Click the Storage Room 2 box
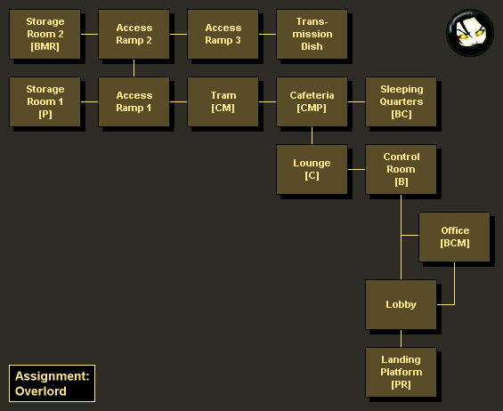[x=45, y=34]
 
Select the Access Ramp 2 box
[x=134, y=34]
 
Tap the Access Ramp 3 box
[x=223, y=34]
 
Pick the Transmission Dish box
[x=312, y=34]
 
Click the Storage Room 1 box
[x=45, y=101]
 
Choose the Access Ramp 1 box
[x=134, y=101]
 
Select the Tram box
[x=223, y=101]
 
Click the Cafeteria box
[x=312, y=101]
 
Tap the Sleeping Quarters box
[x=401, y=101]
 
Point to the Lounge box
[x=312, y=169]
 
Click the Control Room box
[x=401, y=169]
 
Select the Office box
[x=454, y=237]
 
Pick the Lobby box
[x=401, y=304]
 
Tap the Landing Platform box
[x=401, y=372]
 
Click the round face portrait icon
[x=470, y=33]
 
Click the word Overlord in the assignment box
[x=41, y=391]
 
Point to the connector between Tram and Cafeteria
[x=267, y=102]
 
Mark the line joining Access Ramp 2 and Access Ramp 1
[x=134, y=68]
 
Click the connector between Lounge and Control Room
[x=356, y=169]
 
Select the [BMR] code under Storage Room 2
[x=45, y=47]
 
